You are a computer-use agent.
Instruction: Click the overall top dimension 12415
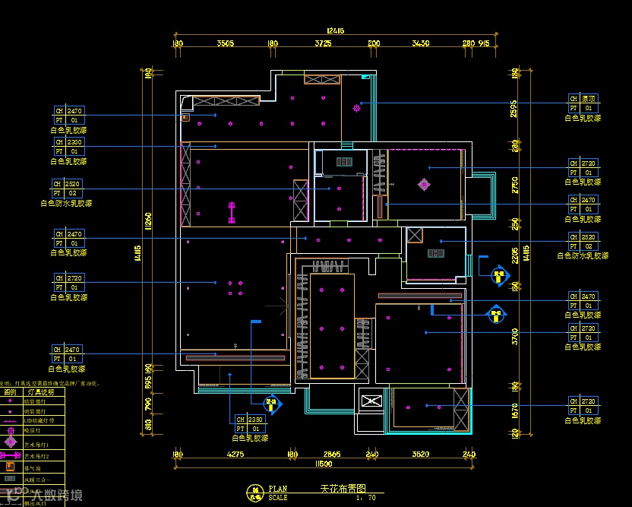click(335, 31)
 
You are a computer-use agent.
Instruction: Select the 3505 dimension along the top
click(225, 44)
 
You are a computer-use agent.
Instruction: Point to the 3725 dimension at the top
click(323, 44)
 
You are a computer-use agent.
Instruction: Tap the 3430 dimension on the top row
click(420, 44)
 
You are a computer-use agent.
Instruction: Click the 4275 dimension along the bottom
click(235, 455)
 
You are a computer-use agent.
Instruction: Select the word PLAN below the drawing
click(277, 489)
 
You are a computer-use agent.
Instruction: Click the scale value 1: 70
click(365, 498)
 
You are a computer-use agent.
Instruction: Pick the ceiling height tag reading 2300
click(74, 142)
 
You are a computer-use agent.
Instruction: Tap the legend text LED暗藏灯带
click(39, 420)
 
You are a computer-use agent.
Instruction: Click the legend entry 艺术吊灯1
click(36, 444)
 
